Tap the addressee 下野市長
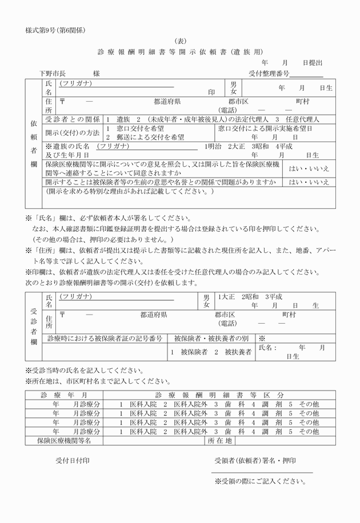(53, 73)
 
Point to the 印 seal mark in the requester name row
(211, 91)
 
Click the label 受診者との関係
(73, 119)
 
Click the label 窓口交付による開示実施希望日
(265, 129)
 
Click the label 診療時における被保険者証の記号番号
(105, 339)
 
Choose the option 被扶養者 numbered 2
(234, 352)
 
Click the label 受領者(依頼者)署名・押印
(255, 460)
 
